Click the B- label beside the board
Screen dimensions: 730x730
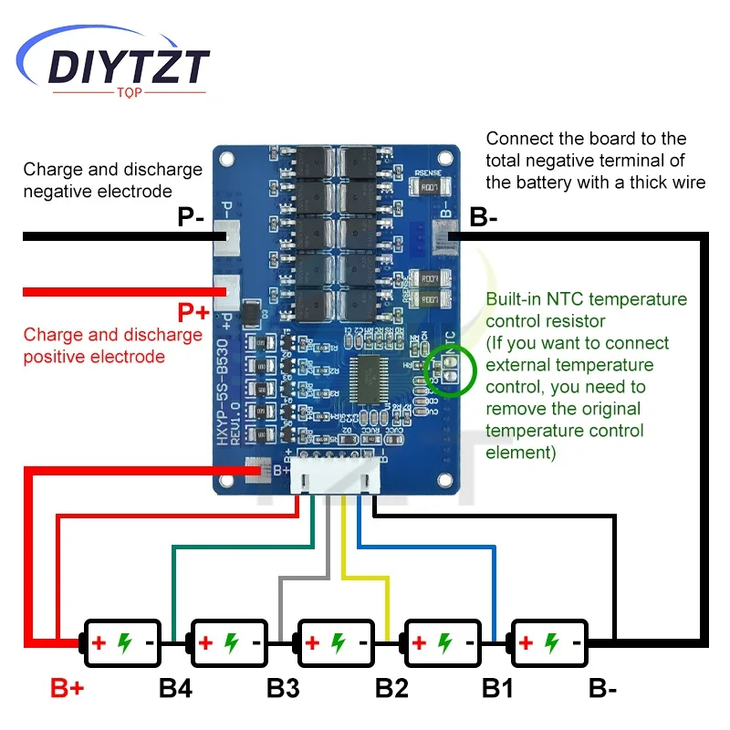pyautogui.click(x=483, y=218)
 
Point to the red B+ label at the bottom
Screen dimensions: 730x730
pyautogui.click(x=67, y=689)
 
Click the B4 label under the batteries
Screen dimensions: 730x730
pyautogui.click(x=175, y=689)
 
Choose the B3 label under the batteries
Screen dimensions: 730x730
pyautogui.click(x=283, y=689)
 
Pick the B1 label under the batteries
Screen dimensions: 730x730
pyautogui.click(x=497, y=689)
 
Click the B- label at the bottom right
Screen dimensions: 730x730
pyautogui.click(x=602, y=689)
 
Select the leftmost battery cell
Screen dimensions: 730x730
pyautogui.click(x=122, y=642)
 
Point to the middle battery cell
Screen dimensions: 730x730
pyautogui.click(x=337, y=642)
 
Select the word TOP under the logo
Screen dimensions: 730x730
pyautogui.click(x=130, y=93)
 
